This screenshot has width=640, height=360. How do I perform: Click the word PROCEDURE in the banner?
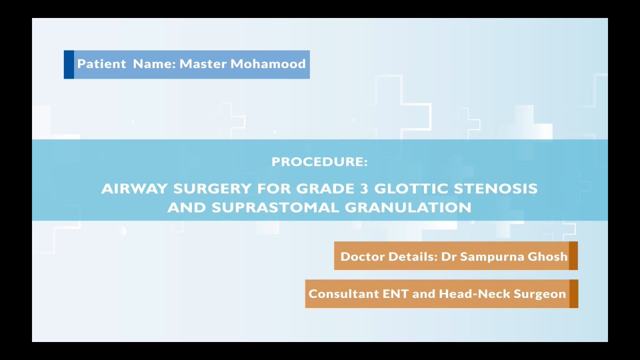[x=319, y=162]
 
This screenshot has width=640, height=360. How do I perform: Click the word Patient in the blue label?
[x=101, y=64]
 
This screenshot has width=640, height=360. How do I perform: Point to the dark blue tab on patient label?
[x=69, y=64]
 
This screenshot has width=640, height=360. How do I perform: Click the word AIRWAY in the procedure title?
[x=134, y=188]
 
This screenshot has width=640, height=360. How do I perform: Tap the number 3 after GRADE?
[x=363, y=188]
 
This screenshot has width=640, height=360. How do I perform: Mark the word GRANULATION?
[x=408, y=207]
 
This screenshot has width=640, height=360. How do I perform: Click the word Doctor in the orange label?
[x=361, y=256]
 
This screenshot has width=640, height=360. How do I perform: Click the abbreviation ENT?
[x=395, y=294]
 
